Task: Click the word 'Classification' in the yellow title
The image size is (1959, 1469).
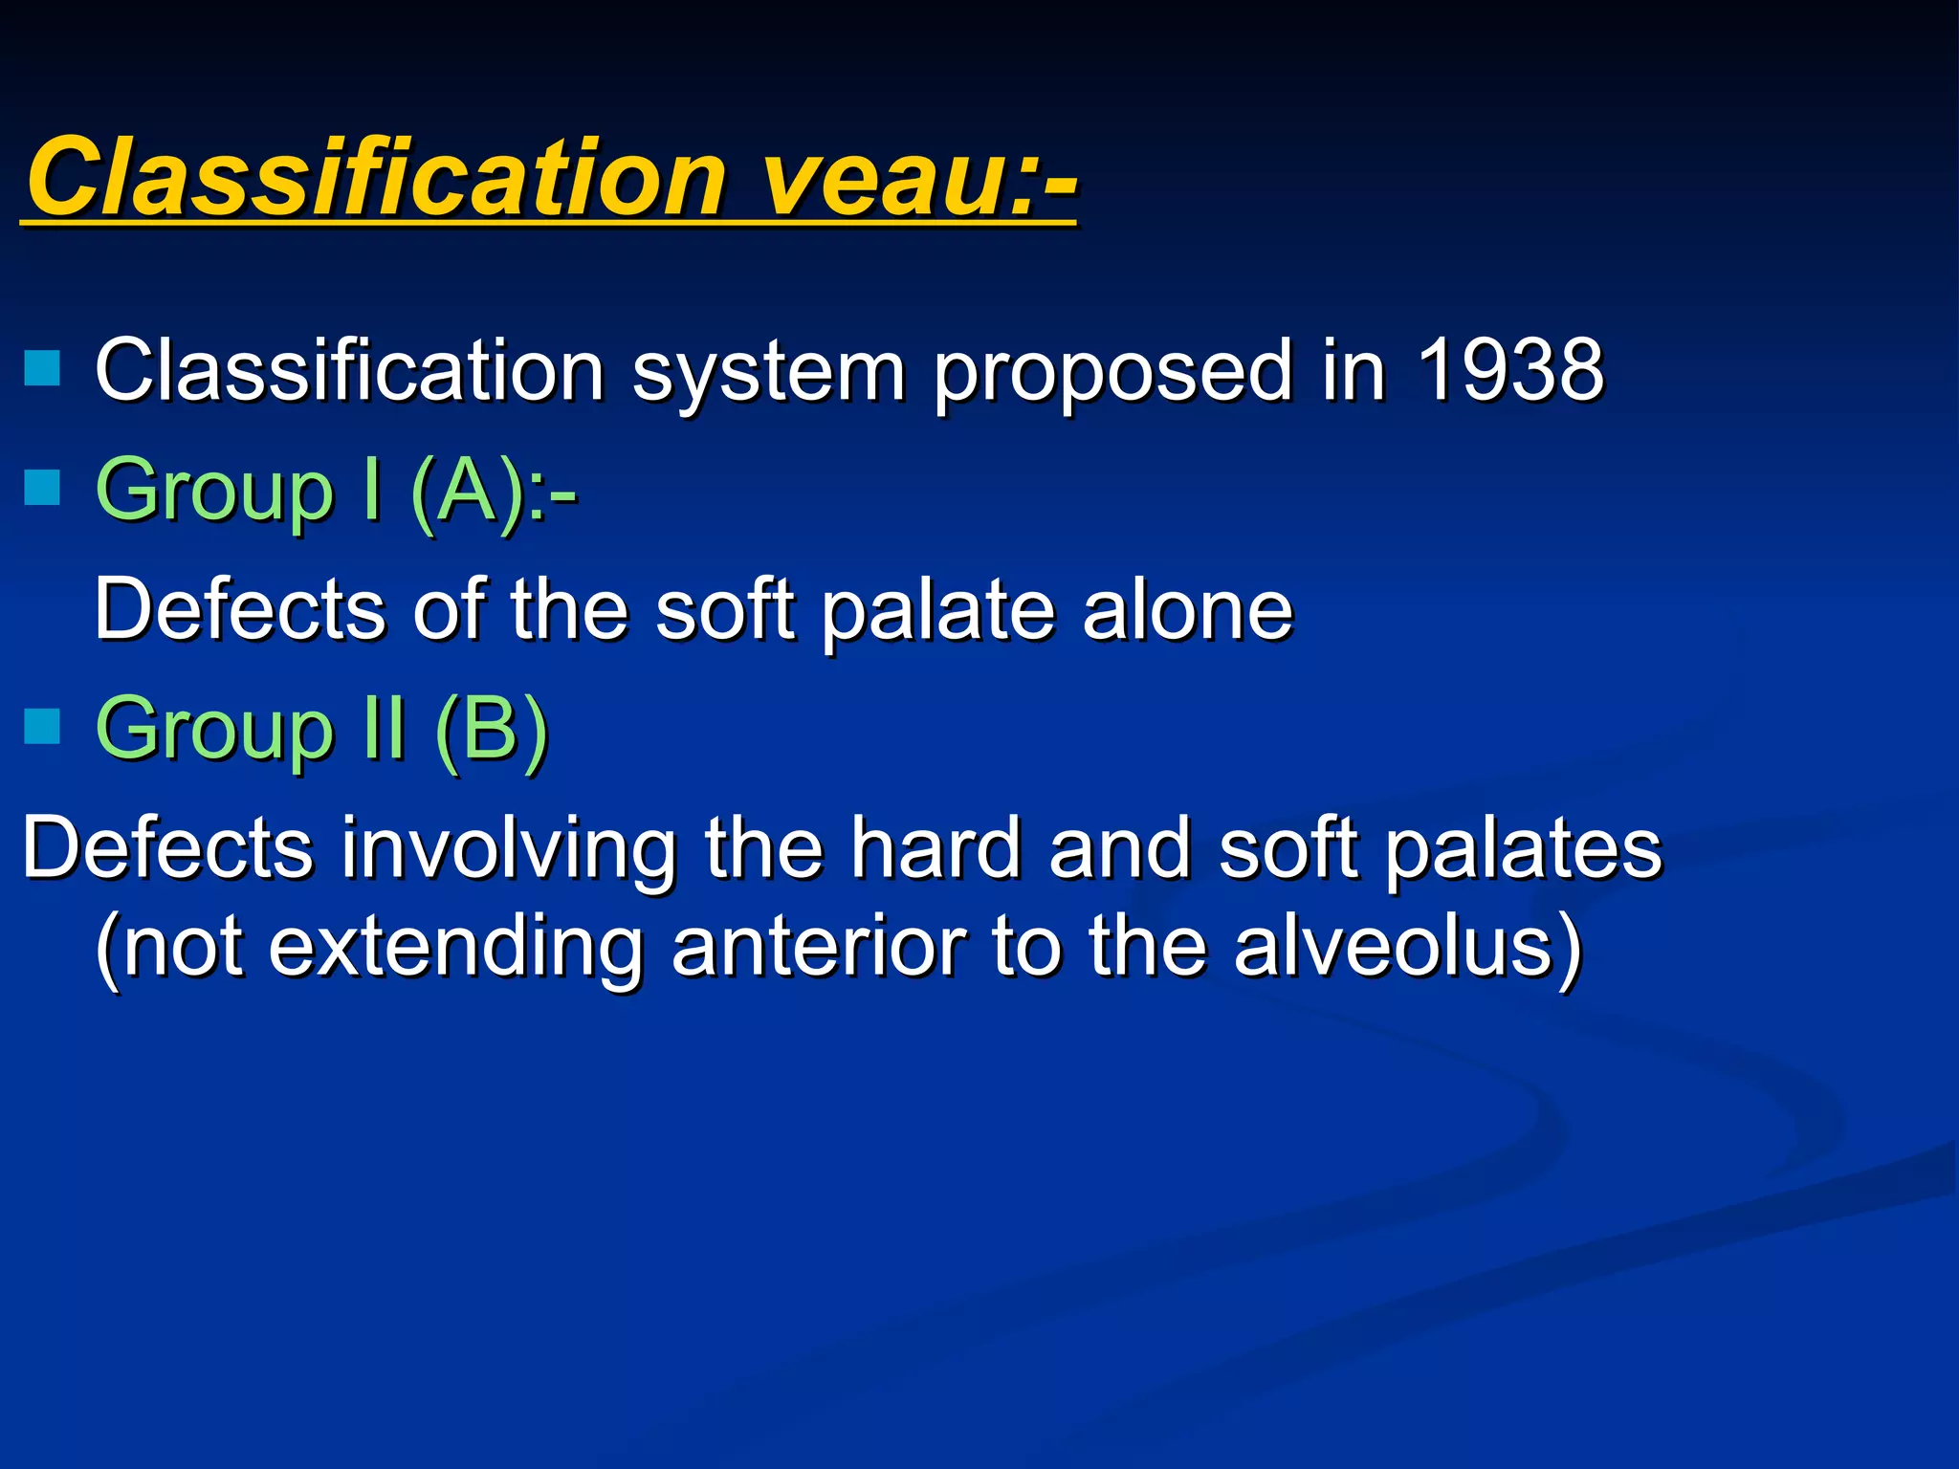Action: click(x=378, y=177)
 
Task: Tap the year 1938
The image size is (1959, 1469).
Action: click(x=1509, y=371)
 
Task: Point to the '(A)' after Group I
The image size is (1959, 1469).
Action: click(x=469, y=492)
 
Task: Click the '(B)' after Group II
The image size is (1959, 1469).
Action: click(x=491, y=730)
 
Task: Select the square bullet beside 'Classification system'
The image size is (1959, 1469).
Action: click(x=42, y=367)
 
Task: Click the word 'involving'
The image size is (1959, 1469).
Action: click(x=509, y=849)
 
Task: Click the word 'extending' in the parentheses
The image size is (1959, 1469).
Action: click(x=455, y=949)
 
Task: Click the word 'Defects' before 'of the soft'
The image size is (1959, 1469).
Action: click(x=239, y=609)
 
